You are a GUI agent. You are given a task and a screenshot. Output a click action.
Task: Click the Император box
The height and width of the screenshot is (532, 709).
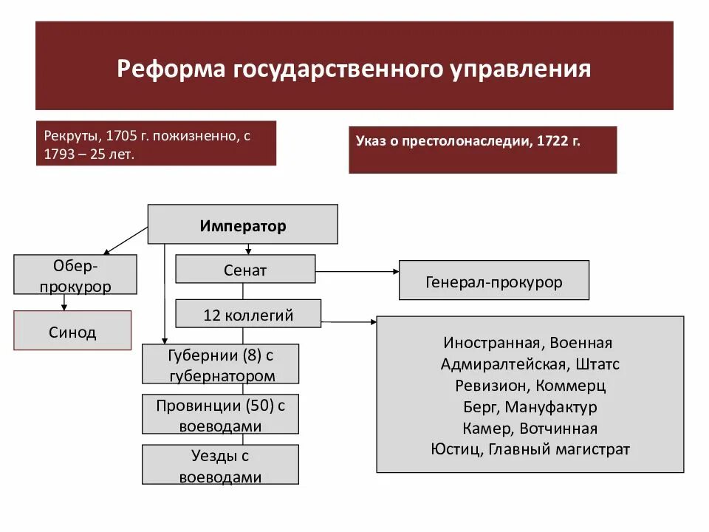tap(242, 224)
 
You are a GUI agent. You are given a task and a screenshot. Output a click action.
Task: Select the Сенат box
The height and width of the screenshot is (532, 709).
tap(244, 269)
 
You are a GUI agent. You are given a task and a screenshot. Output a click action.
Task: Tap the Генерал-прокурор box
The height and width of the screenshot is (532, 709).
tap(493, 280)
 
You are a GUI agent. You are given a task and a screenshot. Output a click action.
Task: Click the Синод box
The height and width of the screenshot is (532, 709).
tap(72, 330)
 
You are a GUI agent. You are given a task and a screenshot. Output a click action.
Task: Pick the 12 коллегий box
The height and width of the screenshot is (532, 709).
tap(248, 314)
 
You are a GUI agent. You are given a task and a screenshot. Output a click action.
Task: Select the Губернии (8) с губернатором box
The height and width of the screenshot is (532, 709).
tap(220, 364)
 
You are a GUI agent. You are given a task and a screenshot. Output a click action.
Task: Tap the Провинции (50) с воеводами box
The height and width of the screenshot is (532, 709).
tap(220, 415)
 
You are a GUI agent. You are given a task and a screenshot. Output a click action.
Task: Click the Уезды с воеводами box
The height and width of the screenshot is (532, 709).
tap(220, 465)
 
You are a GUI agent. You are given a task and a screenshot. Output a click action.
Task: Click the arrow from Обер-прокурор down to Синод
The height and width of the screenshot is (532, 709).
tap(64, 302)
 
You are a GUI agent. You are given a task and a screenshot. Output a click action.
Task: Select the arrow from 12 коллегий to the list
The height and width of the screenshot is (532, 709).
tap(349, 321)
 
